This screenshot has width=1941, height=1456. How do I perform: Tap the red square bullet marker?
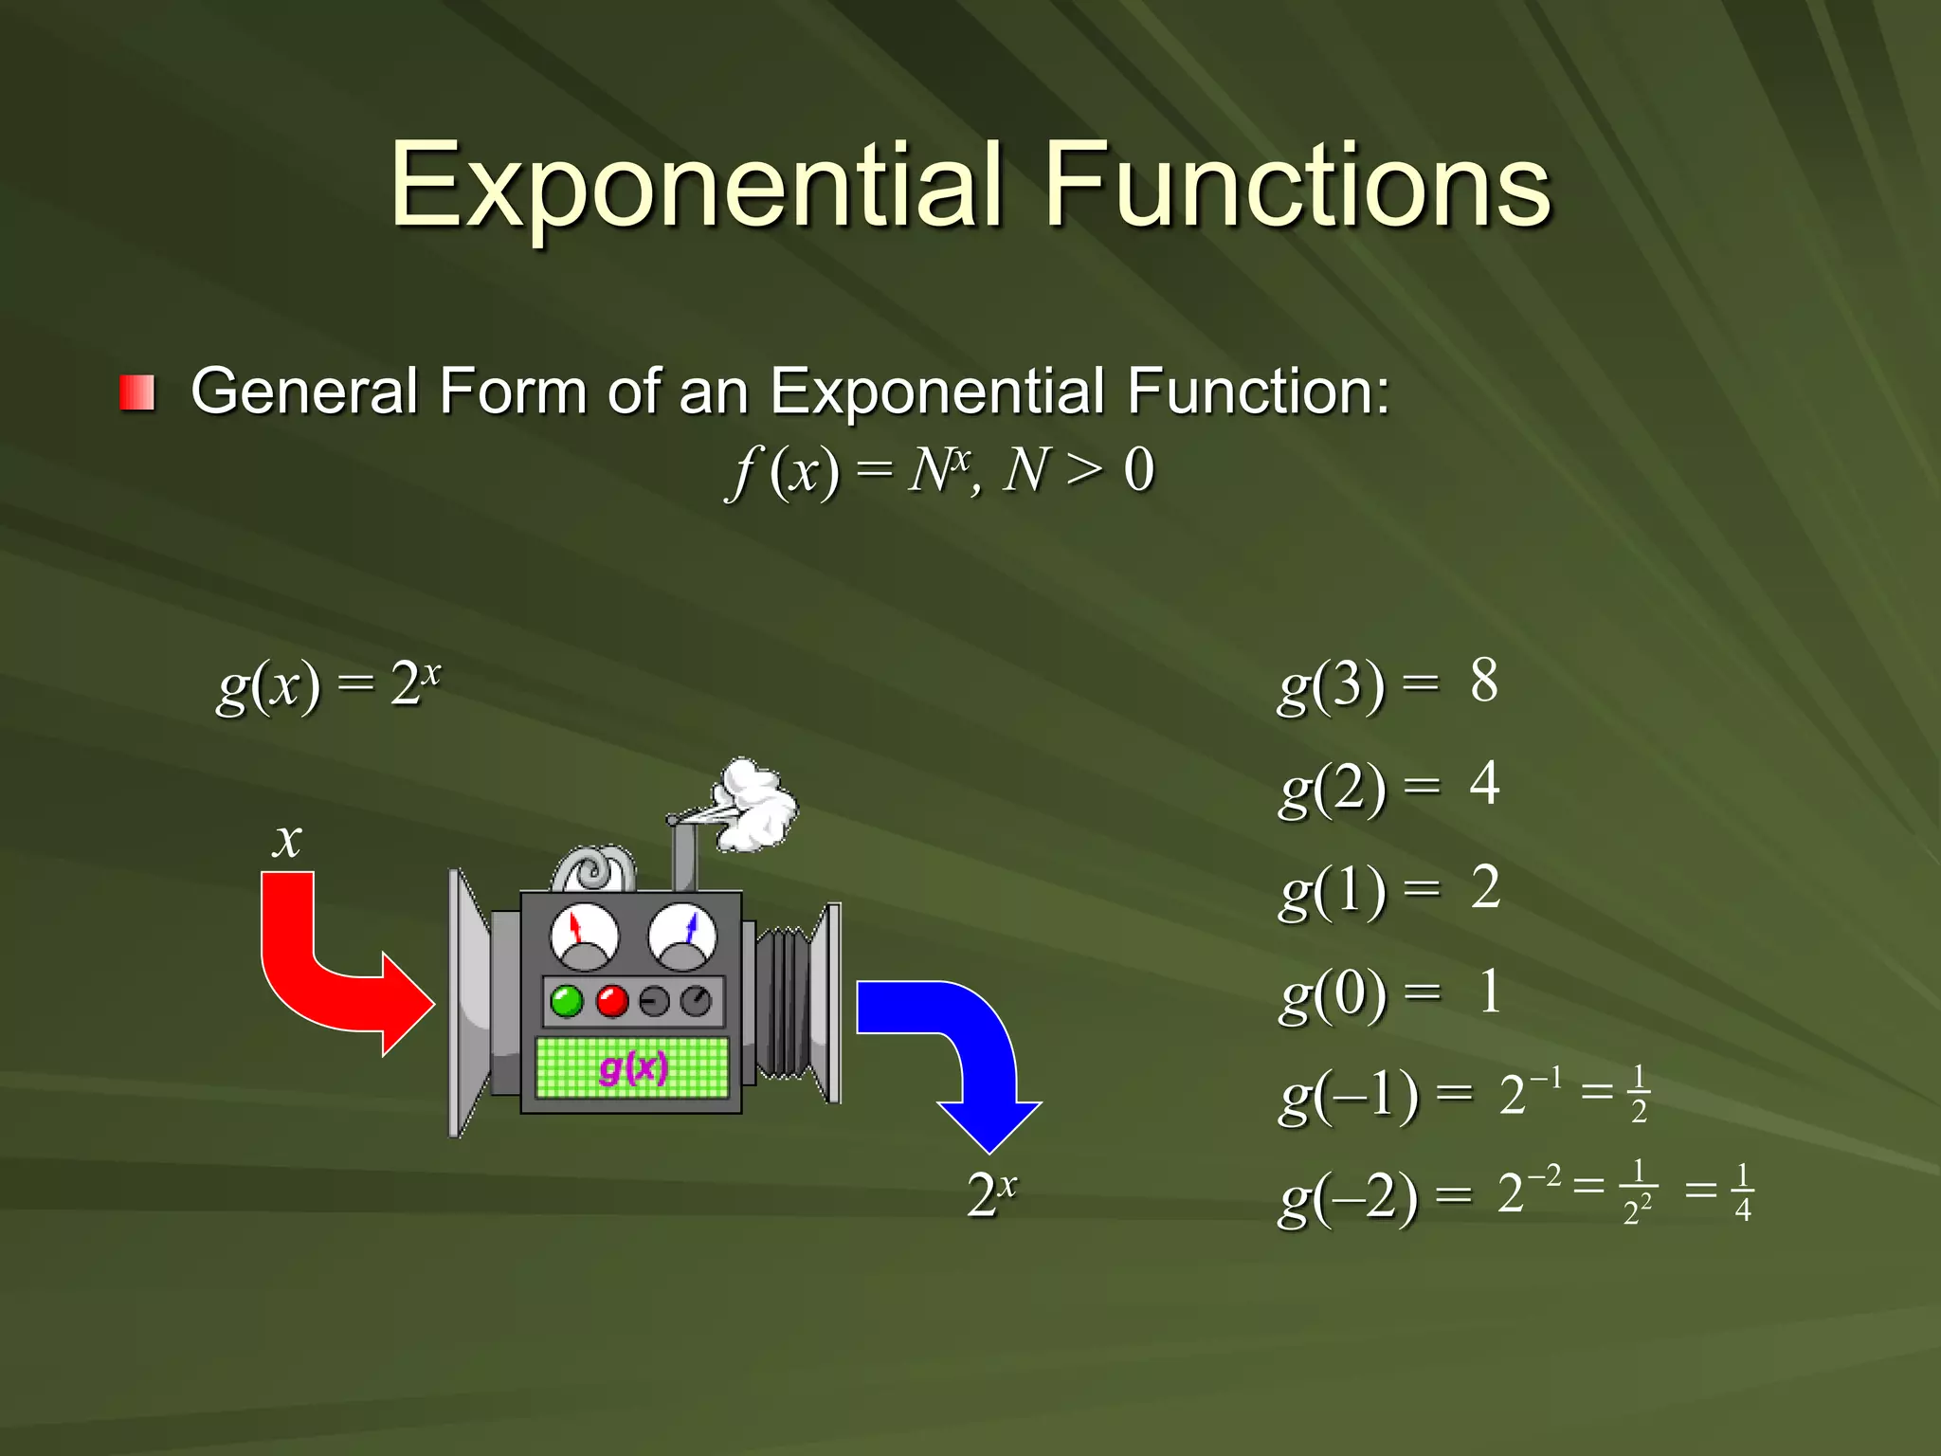137,392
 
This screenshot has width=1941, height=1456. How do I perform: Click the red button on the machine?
612,1001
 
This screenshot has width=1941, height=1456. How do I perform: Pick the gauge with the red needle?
584,937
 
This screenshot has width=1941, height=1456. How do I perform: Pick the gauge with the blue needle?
682,937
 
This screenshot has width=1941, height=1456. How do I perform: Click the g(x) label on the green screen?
633,1068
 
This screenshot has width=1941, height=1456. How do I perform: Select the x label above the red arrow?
287,840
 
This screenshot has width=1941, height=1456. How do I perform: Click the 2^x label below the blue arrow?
991,1193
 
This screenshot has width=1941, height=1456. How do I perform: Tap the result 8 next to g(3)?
1484,681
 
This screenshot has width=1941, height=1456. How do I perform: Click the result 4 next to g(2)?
1484,784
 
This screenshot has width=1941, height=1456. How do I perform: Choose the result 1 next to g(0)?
1489,992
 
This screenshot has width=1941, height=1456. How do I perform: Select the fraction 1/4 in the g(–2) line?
1742,1192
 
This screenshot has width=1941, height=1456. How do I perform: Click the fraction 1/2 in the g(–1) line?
1639,1094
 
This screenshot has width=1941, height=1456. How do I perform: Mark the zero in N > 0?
1138,470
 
